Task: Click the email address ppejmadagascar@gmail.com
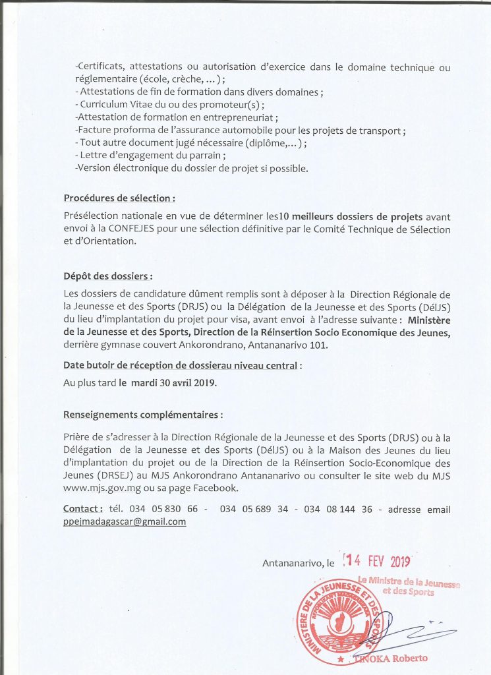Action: (x=125, y=521)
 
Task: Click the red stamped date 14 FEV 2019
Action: (x=376, y=562)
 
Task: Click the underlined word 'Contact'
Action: (x=82, y=509)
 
